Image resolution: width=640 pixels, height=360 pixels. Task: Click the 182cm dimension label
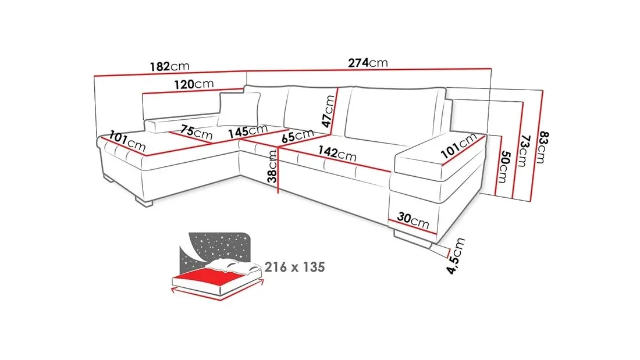click(169, 66)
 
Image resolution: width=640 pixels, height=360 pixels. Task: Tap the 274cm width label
click(368, 63)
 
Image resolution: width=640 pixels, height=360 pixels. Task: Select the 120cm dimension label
click(194, 84)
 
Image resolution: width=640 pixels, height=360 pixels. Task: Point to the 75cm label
click(196, 132)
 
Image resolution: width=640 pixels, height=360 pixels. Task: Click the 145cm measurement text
click(248, 131)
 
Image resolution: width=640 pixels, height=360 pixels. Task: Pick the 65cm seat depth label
click(298, 136)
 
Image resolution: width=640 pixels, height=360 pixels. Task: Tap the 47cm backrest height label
click(328, 111)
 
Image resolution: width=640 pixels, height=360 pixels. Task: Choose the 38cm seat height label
click(272, 166)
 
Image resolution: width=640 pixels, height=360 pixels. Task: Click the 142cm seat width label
click(337, 153)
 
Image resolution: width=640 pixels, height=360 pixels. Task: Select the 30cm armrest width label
click(413, 219)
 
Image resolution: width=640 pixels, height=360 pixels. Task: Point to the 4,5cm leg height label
click(456, 256)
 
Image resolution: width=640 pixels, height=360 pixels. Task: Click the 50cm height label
click(504, 167)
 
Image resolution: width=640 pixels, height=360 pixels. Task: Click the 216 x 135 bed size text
click(295, 267)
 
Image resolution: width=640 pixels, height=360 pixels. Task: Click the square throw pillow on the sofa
click(239, 109)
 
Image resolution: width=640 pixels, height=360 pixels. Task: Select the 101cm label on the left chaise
click(127, 140)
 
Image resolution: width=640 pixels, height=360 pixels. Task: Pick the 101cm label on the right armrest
click(459, 146)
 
